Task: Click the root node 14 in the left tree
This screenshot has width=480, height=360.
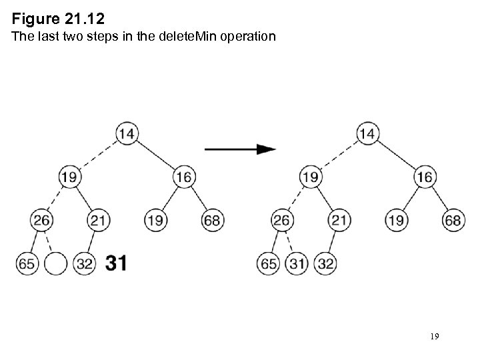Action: coord(127,133)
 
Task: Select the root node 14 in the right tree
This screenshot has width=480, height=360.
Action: coord(367,133)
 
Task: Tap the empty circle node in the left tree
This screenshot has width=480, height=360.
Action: coord(55,263)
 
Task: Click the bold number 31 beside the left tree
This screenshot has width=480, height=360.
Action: coord(116,263)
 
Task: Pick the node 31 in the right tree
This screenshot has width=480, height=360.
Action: coord(296,263)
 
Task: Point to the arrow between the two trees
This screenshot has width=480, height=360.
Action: coord(240,149)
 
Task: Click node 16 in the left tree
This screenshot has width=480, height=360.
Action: coord(184,177)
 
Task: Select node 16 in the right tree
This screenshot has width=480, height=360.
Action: coord(424,177)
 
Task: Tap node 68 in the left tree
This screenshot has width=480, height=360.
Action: coord(213,220)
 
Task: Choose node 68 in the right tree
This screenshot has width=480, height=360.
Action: coord(453,220)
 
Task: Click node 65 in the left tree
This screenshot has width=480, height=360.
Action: coord(27,263)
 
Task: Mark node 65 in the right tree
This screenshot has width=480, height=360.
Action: coord(267,263)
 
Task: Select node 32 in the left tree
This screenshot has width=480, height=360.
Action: coord(85,263)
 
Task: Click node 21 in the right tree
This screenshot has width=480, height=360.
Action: coord(339,220)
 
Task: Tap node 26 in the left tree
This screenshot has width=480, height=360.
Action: coord(41,220)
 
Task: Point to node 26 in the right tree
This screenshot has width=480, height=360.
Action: coord(282,220)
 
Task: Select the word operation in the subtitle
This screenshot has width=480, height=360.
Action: coord(244,37)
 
